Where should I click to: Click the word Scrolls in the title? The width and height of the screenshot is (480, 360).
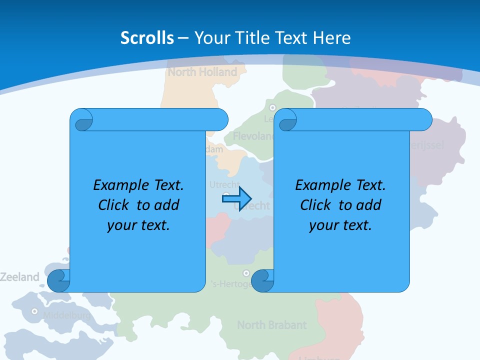tap(147, 38)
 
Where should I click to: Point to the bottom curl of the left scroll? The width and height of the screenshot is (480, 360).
tap(59, 280)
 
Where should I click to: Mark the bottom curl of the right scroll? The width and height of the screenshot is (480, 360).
tap(262, 280)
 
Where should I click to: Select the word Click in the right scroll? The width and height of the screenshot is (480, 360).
tap(315, 205)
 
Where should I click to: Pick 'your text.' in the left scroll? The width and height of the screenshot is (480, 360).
tap(138, 225)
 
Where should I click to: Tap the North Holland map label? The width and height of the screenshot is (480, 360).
tap(202, 72)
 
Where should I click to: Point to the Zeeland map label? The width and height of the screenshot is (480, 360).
tap(19, 277)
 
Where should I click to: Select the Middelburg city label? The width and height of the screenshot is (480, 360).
tap(66, 315)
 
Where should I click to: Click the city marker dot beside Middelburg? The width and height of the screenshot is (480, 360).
tap(34, 311)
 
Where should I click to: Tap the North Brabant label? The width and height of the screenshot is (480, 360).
tap(271, 325)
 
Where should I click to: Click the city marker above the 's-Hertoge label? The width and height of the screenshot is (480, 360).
tap(246, 273)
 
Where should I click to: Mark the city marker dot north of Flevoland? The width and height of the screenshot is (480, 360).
tap(272, 107)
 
